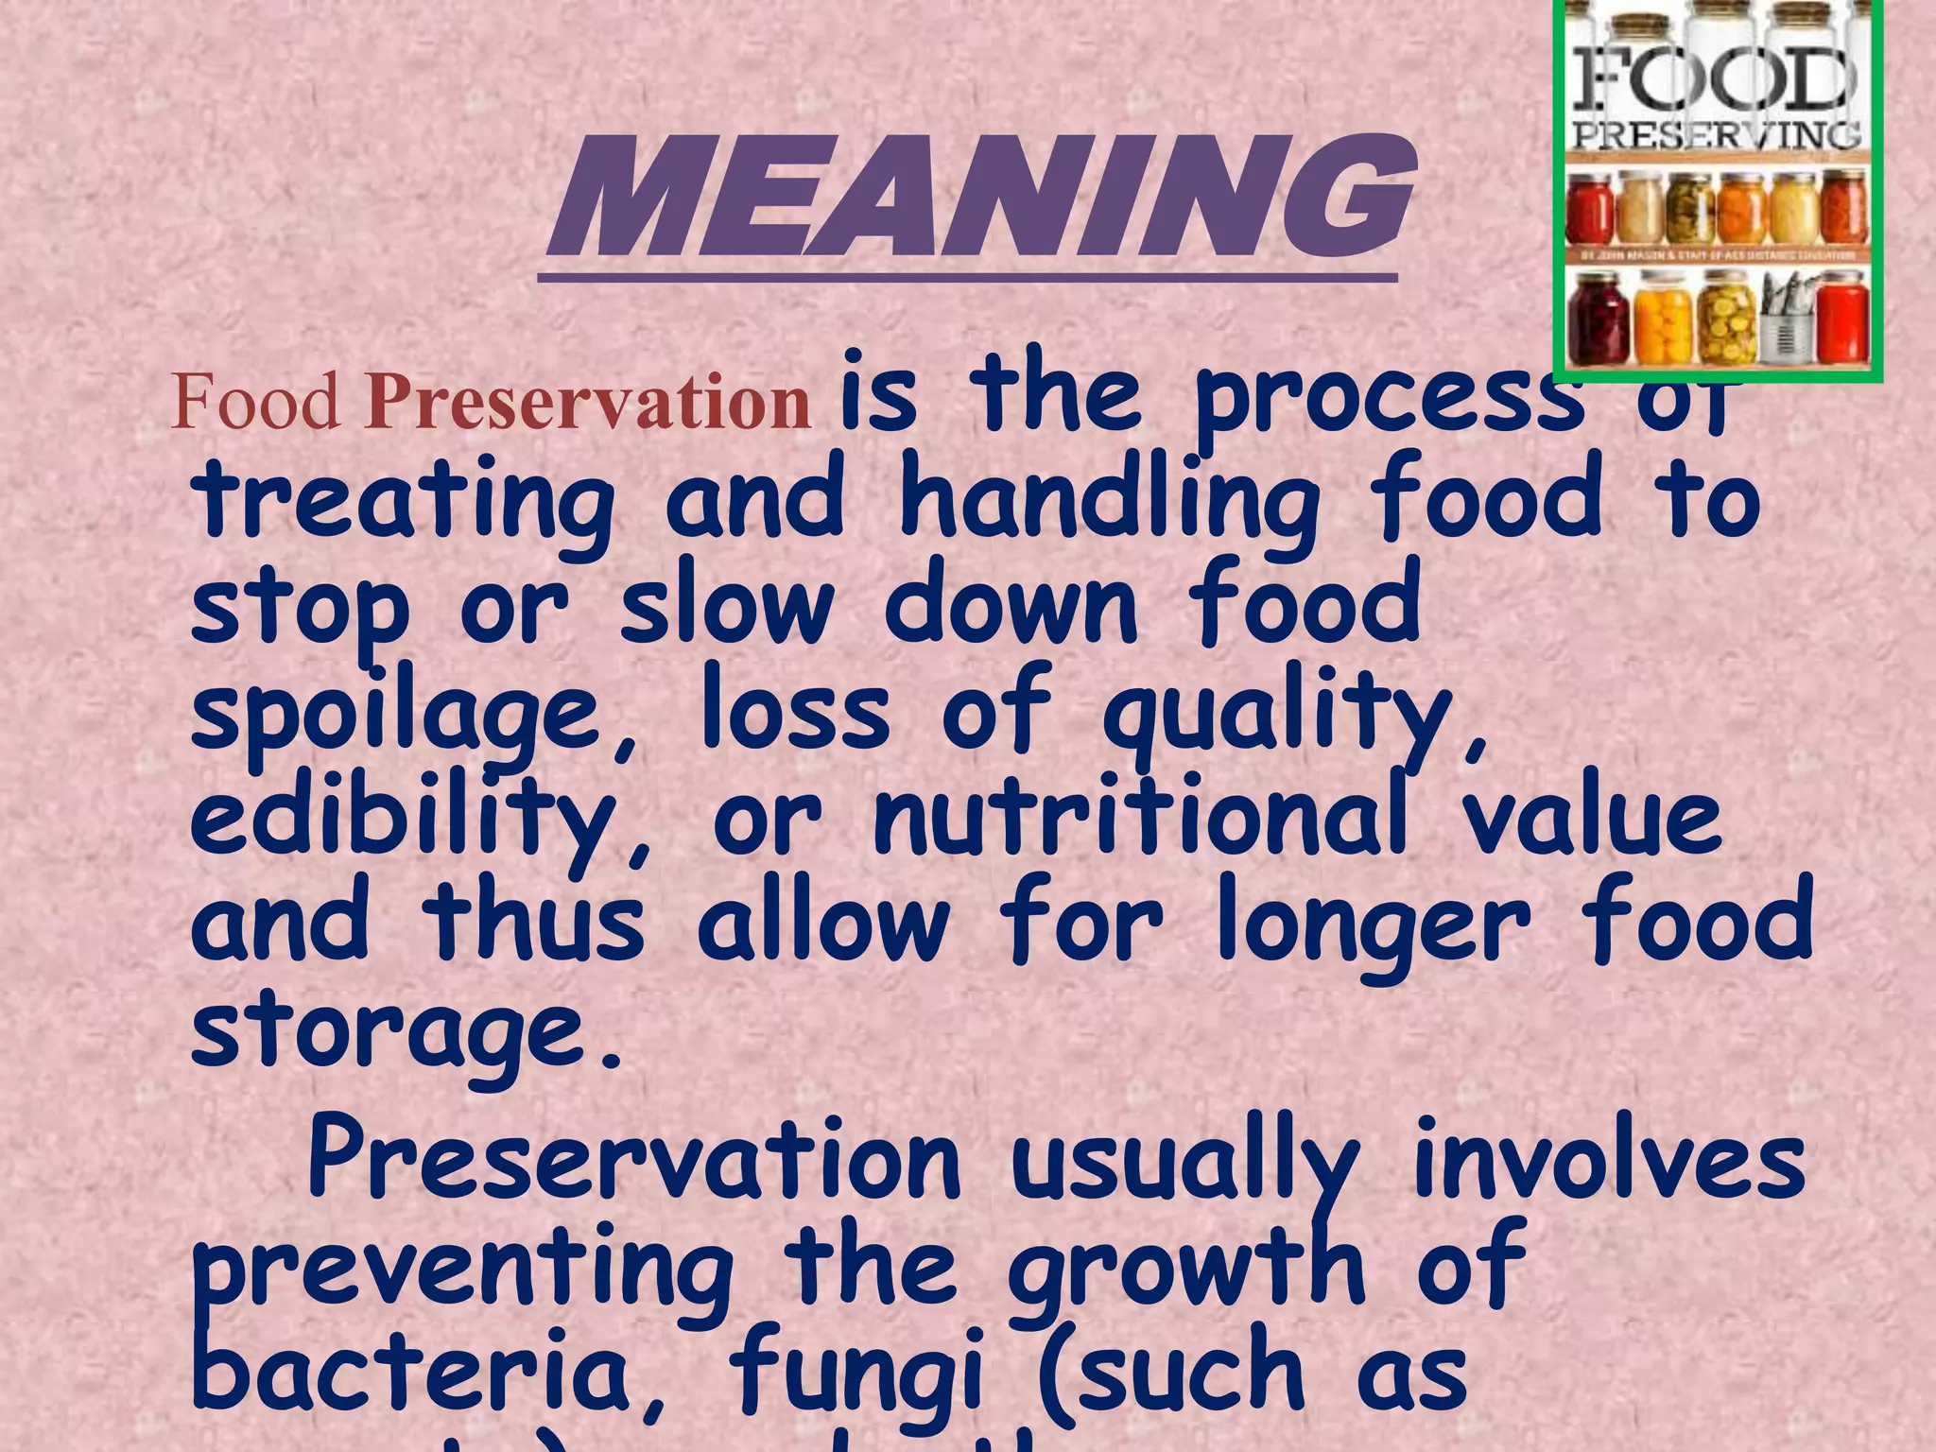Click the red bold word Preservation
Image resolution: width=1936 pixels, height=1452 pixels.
[x=587, y=402]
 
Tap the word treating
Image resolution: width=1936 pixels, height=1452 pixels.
[x=405, y=501]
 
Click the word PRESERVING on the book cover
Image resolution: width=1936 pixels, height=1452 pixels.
[x=1716, y=135]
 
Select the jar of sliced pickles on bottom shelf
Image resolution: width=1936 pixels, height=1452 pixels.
[x=1726, y=321]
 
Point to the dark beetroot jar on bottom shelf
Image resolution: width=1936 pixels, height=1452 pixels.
[x=1599, y=320]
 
